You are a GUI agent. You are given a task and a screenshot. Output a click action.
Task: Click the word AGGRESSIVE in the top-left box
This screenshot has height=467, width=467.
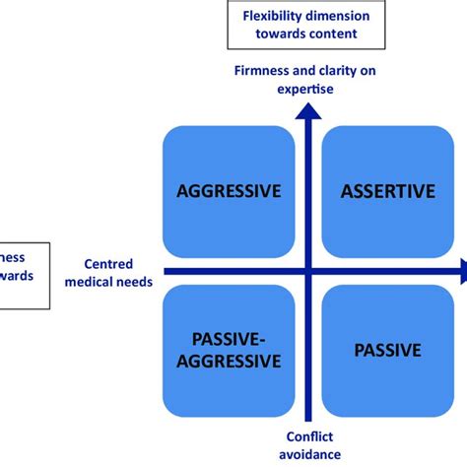229,191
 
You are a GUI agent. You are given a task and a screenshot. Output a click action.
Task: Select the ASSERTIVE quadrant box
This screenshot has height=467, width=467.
387,191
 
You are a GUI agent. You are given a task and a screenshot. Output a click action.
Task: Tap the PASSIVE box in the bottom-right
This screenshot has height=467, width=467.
387,350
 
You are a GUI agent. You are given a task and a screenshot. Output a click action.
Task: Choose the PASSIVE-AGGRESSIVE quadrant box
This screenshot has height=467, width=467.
229,350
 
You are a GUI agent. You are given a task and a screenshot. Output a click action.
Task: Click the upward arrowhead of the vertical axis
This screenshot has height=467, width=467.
310,110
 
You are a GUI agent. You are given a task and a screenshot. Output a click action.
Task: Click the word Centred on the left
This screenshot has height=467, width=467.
108,265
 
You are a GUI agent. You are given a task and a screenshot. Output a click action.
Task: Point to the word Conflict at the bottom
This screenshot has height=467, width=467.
308,436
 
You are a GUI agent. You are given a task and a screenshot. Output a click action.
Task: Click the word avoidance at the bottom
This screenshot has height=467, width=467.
308,454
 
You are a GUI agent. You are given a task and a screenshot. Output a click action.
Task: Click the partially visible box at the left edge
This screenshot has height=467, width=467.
20,271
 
